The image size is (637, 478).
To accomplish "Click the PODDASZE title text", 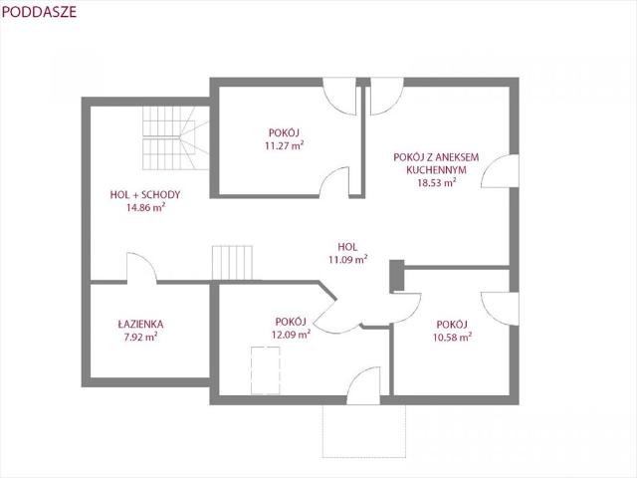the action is (39, 12).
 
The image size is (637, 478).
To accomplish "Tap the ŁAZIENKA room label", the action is (140, 325).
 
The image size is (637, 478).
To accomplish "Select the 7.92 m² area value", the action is (141, 337).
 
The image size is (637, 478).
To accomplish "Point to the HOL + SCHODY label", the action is (145, 195).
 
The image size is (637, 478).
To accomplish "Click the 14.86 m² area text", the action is (145, 207).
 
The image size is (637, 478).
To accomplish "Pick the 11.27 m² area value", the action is (285, 145).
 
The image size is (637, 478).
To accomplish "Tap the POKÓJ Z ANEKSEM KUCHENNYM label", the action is (436, 163).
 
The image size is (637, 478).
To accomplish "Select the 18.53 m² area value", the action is (437, 182).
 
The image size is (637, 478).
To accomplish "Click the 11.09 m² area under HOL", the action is (348, 259).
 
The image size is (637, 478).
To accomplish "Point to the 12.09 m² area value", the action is (291, 335).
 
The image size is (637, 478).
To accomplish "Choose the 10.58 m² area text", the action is (452, 337).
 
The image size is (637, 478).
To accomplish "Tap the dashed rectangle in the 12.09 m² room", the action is (266, 370).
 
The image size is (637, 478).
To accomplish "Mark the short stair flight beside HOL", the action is (232, 263).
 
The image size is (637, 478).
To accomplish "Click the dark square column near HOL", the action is (397, 276).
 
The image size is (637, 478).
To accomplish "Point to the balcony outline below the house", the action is (364, 431).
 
